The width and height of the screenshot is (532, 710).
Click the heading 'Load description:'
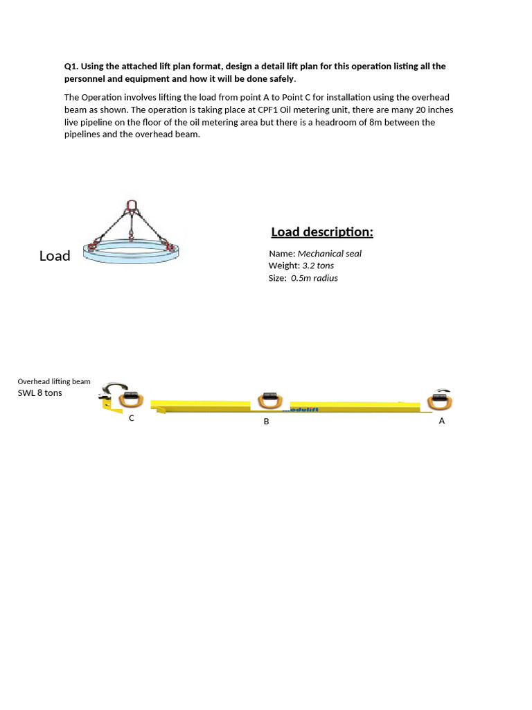322,232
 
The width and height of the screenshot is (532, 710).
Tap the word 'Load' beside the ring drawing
55,256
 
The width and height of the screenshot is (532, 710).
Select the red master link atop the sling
132,205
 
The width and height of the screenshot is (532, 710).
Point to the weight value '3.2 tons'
318,266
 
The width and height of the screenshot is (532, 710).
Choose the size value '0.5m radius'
314,278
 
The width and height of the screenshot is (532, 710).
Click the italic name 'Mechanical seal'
330,253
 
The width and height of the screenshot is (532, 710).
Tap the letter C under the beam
132,418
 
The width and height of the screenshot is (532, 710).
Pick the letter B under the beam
266,421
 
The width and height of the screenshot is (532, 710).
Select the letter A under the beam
442,420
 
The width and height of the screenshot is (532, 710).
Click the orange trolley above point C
130,399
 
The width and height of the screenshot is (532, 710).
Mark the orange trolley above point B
269,400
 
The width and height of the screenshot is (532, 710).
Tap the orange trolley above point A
439,400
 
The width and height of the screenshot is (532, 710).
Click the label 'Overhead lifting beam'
54,381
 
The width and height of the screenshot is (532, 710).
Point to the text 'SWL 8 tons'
39,392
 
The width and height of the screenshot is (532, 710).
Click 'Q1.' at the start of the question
71,66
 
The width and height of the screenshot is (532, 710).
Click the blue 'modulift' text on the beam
301,410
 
